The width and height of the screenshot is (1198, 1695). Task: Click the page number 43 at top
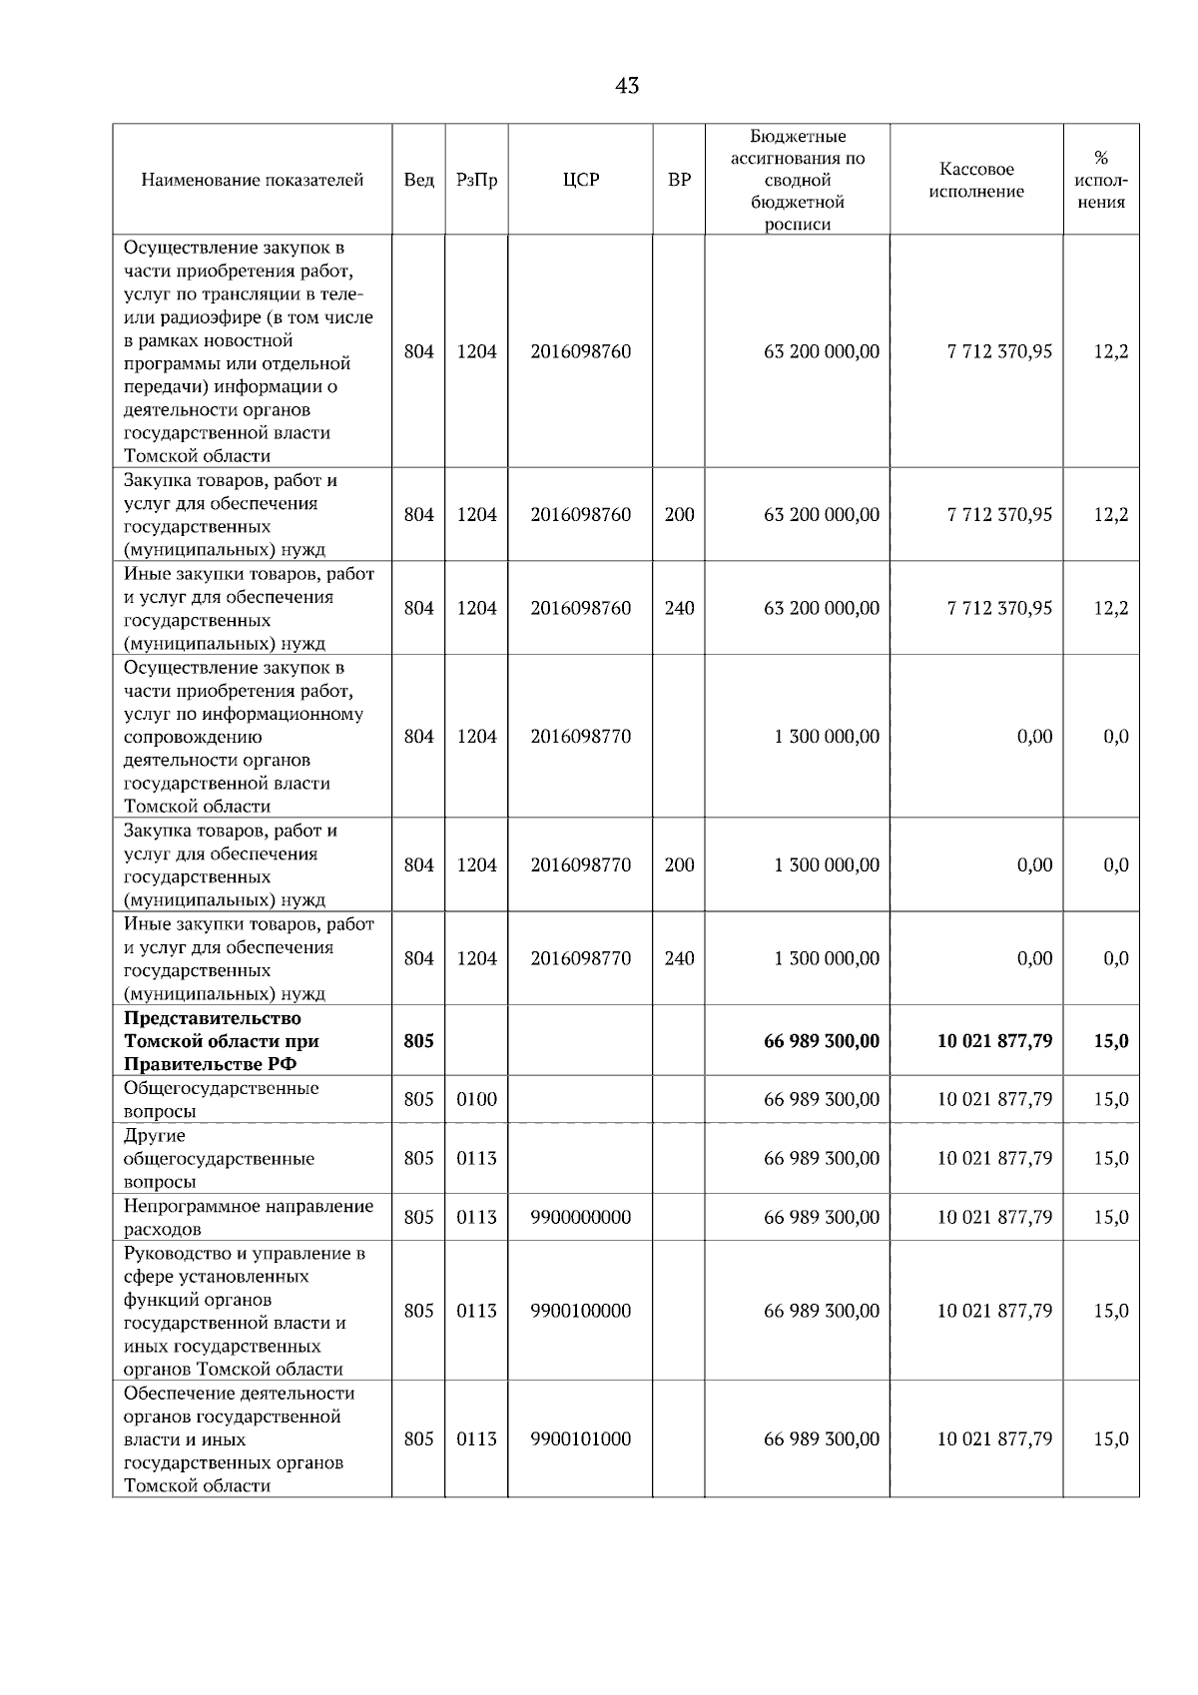627,86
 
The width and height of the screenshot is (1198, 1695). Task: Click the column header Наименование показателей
252,181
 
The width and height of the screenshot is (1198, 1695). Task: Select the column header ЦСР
581,181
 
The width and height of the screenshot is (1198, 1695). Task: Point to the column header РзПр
476,181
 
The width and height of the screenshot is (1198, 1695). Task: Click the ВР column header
679,181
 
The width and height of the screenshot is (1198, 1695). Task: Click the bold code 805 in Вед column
418,1041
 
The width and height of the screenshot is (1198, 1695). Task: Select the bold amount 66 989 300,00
821,1041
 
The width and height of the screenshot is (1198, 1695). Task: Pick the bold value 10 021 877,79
994,1041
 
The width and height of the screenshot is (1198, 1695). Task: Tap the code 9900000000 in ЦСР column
581,1217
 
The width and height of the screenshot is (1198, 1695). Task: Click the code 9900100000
581,1311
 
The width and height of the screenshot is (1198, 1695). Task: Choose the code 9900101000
581,1438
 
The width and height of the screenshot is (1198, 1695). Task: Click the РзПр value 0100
476,1099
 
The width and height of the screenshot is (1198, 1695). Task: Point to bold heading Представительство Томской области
222,1041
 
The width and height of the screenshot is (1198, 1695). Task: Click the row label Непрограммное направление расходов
248,1217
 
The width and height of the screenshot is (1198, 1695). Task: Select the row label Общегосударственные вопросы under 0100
221,1099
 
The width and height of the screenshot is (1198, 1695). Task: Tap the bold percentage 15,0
1110,1041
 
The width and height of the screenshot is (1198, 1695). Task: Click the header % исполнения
1101,181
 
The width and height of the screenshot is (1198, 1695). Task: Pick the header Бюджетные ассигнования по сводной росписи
797,181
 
